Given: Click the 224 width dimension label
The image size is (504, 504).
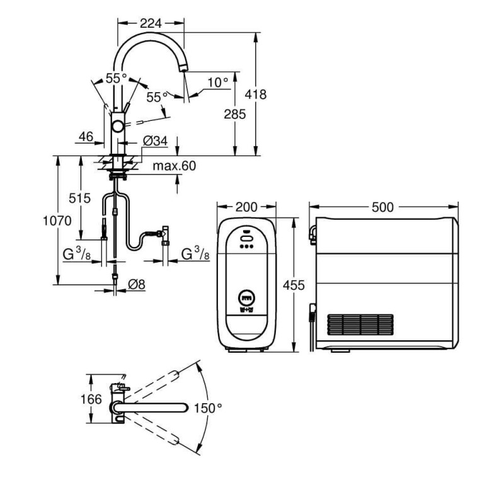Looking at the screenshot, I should point(151,23).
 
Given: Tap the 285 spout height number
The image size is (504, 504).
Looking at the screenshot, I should point(234,114).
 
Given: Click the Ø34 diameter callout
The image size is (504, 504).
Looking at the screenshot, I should point(155,142).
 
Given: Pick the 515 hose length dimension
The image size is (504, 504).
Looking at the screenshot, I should point(80,198).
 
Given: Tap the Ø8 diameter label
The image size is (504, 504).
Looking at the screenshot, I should point(136,285).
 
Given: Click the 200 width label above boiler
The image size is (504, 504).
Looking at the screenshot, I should point(246,207).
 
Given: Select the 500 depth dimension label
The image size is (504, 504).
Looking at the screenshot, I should point(384,207).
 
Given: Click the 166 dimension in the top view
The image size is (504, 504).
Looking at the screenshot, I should point(92,399).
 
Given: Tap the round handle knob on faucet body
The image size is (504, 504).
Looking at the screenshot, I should point(118,127).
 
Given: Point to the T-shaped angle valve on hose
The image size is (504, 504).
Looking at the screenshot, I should point(165,234).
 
